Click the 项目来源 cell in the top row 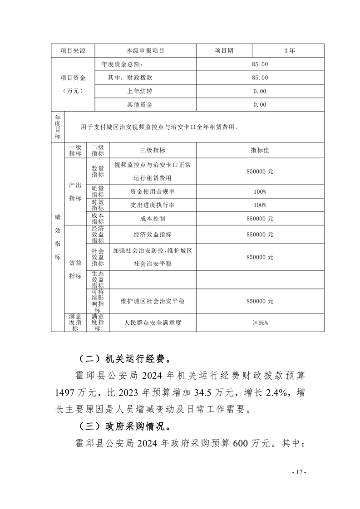tap(73, 51)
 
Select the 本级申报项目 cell tap(145, 51)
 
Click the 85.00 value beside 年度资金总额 tap(260, 64)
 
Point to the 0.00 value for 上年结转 tap(260, 91)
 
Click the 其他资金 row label tap(140, 105)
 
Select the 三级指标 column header tap(153, 150)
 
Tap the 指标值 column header tap(260, 150)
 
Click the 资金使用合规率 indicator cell tap(153, 192)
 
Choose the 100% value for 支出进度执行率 tap(260, 205)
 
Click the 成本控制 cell tap(153, 218)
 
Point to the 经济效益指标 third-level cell tap(153, 235)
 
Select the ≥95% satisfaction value tap(260, 323)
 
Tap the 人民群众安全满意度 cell tap(153, 323)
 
